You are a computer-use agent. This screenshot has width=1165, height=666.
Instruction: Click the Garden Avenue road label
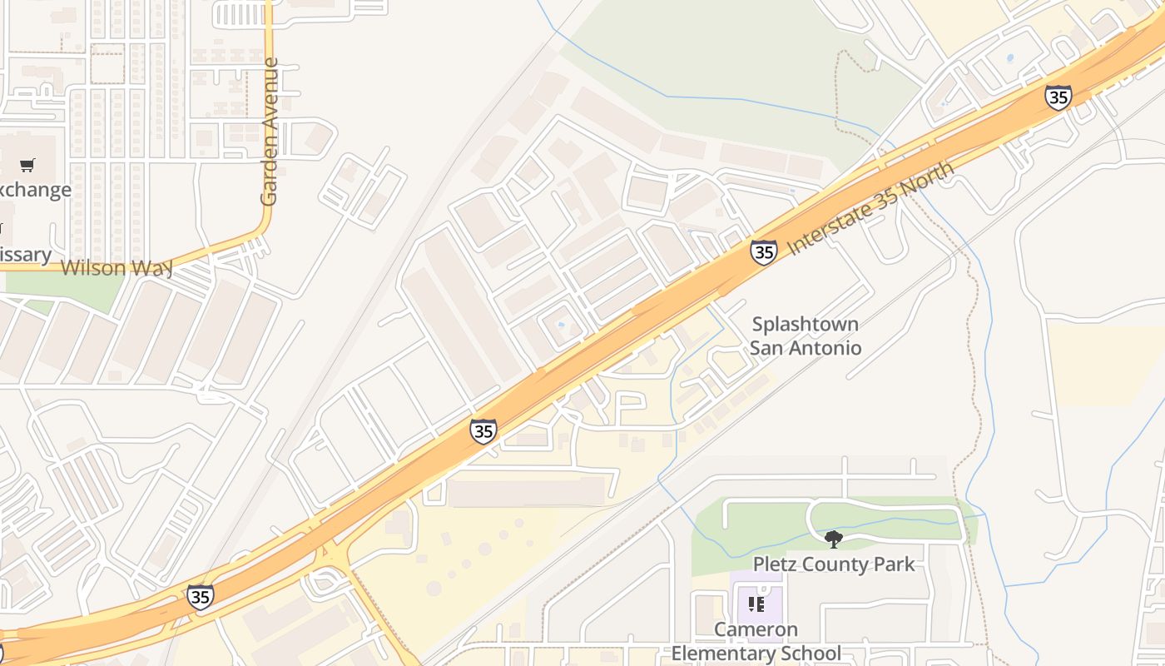(x=269, y=132)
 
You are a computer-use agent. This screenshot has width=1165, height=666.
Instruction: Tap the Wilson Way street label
(x=116, y=268)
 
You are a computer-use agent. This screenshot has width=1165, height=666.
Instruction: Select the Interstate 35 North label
(x=870, y=208)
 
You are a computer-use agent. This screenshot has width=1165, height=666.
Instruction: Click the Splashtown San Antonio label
(x=806, y=335)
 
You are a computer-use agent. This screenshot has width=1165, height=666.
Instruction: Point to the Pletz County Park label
(x=834, y=564)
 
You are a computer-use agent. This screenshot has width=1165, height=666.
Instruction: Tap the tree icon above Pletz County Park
(x=833, y=539)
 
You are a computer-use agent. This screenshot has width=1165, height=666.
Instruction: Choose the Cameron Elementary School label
(x=756, y=642)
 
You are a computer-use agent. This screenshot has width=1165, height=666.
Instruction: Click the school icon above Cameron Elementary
(x=756, y=604)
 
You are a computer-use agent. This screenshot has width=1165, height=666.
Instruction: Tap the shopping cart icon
(x=27, y=165)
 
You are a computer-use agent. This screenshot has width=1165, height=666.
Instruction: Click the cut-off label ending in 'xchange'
(x=35, y=190)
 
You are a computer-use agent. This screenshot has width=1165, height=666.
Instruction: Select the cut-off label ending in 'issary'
(x=25, y=255)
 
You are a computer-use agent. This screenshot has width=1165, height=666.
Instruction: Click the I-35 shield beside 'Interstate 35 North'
(x=763, y=251)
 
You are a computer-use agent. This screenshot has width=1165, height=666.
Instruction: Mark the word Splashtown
(x=806, y=324)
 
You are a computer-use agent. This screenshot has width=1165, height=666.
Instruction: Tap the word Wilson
(x=93, y=268)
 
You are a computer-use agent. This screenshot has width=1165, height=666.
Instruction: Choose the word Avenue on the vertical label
(x=269, y=92)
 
